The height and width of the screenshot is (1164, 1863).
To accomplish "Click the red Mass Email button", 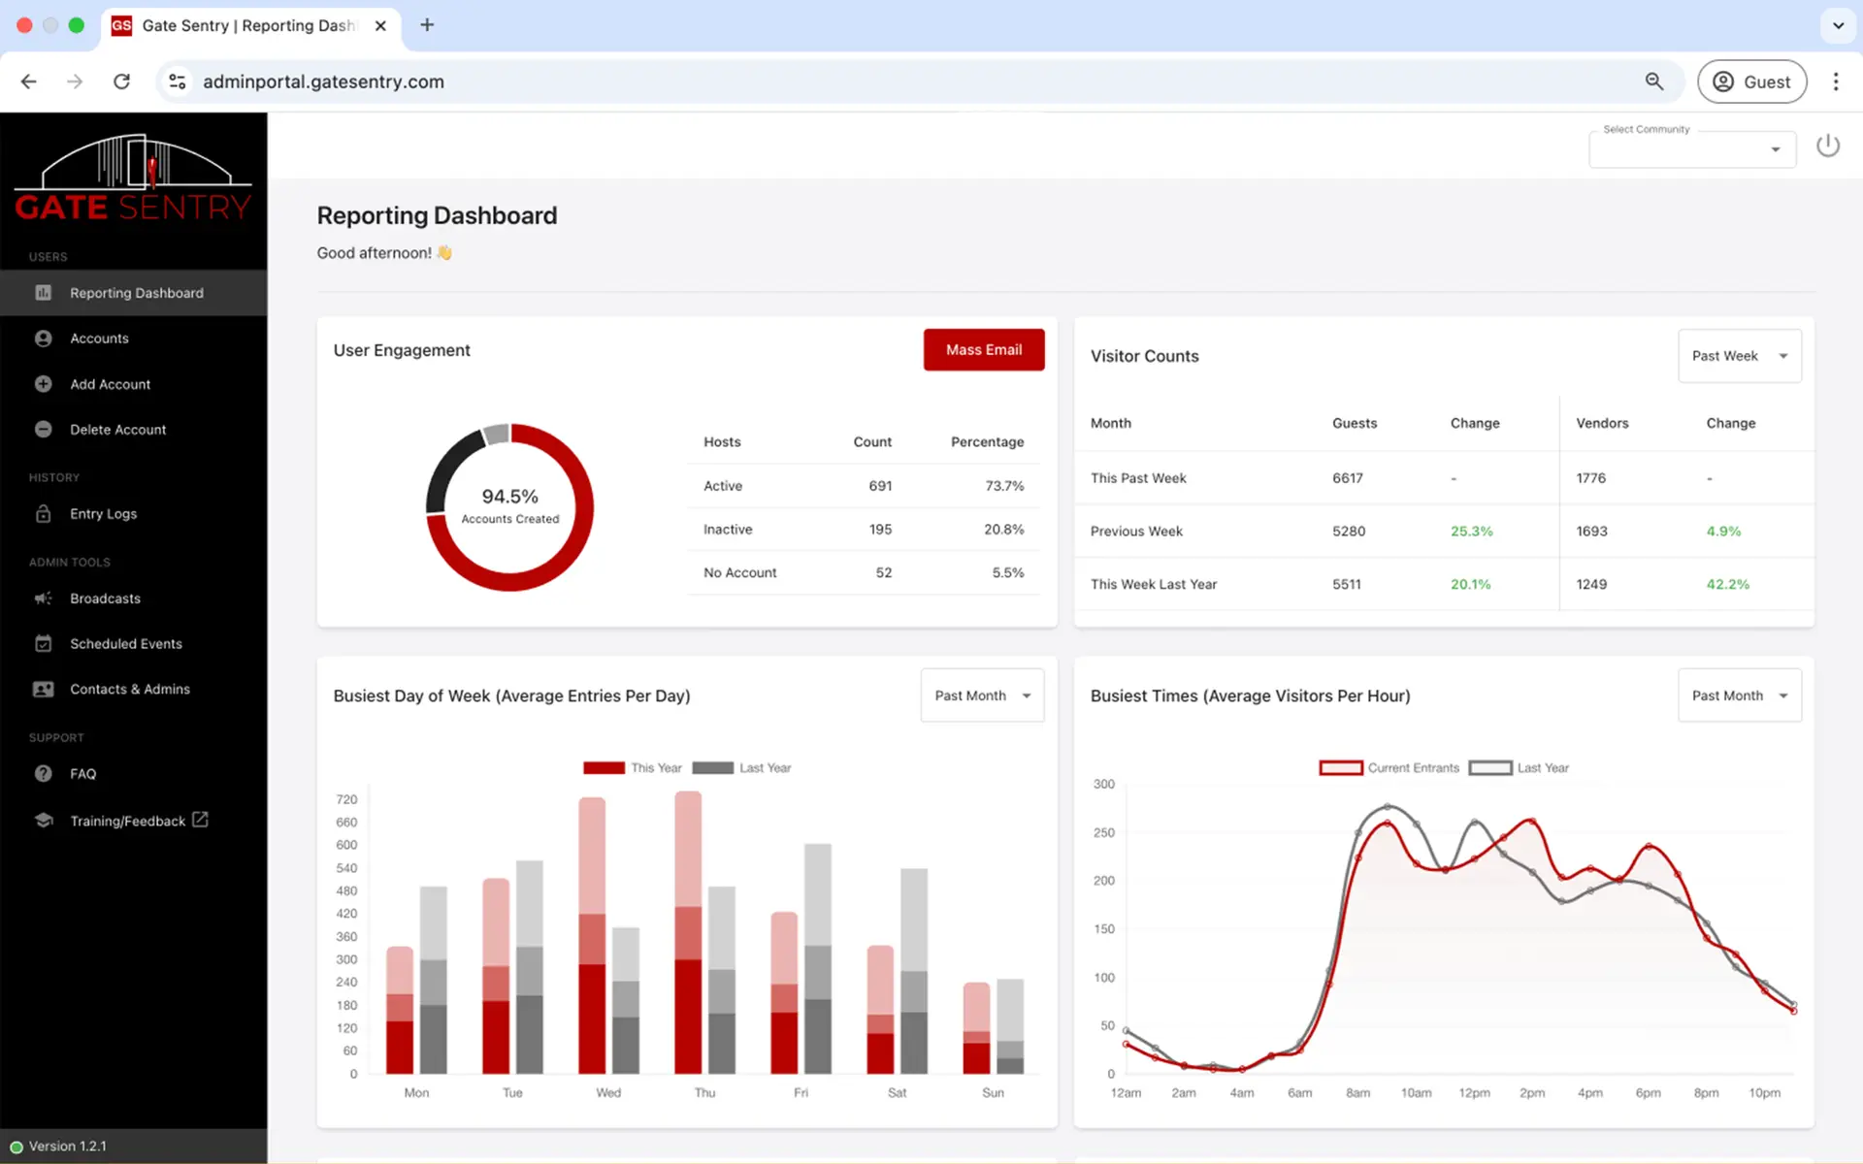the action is coord(984,349).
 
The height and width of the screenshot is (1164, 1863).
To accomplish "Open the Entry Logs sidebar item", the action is coord(103,514).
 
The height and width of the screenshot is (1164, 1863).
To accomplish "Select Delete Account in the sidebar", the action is coord(117,430).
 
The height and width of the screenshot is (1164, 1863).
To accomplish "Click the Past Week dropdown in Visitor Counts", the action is coord(1740,356).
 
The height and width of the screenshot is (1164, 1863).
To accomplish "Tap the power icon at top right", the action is coord(1828,145).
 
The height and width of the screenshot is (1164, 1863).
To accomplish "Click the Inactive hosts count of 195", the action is coord(880,530).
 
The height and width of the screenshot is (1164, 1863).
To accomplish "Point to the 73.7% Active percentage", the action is coord(1004,486).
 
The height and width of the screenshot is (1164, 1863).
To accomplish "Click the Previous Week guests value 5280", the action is coord(1349,532).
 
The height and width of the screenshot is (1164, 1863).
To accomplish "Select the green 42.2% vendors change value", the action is coord(1728,585).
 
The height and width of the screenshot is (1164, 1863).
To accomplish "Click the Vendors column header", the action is coord(1602,423).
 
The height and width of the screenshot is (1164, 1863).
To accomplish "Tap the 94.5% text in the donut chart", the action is coord(510,497).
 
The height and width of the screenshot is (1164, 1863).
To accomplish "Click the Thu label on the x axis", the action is coord(704,1093).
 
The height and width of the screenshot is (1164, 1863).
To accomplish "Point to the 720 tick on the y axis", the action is coord(346,799).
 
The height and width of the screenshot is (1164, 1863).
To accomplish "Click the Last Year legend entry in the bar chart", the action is coord(742,768).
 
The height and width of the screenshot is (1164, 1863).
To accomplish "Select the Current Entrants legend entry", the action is coord(1389,768).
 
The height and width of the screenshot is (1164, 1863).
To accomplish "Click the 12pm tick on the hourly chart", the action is coord(1474,1093).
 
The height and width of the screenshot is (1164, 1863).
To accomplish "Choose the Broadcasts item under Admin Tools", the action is coord(105,598).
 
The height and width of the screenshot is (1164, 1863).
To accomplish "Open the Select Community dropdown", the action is coord(1692,149).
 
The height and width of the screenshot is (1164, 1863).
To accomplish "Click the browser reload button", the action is coord(121,81).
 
